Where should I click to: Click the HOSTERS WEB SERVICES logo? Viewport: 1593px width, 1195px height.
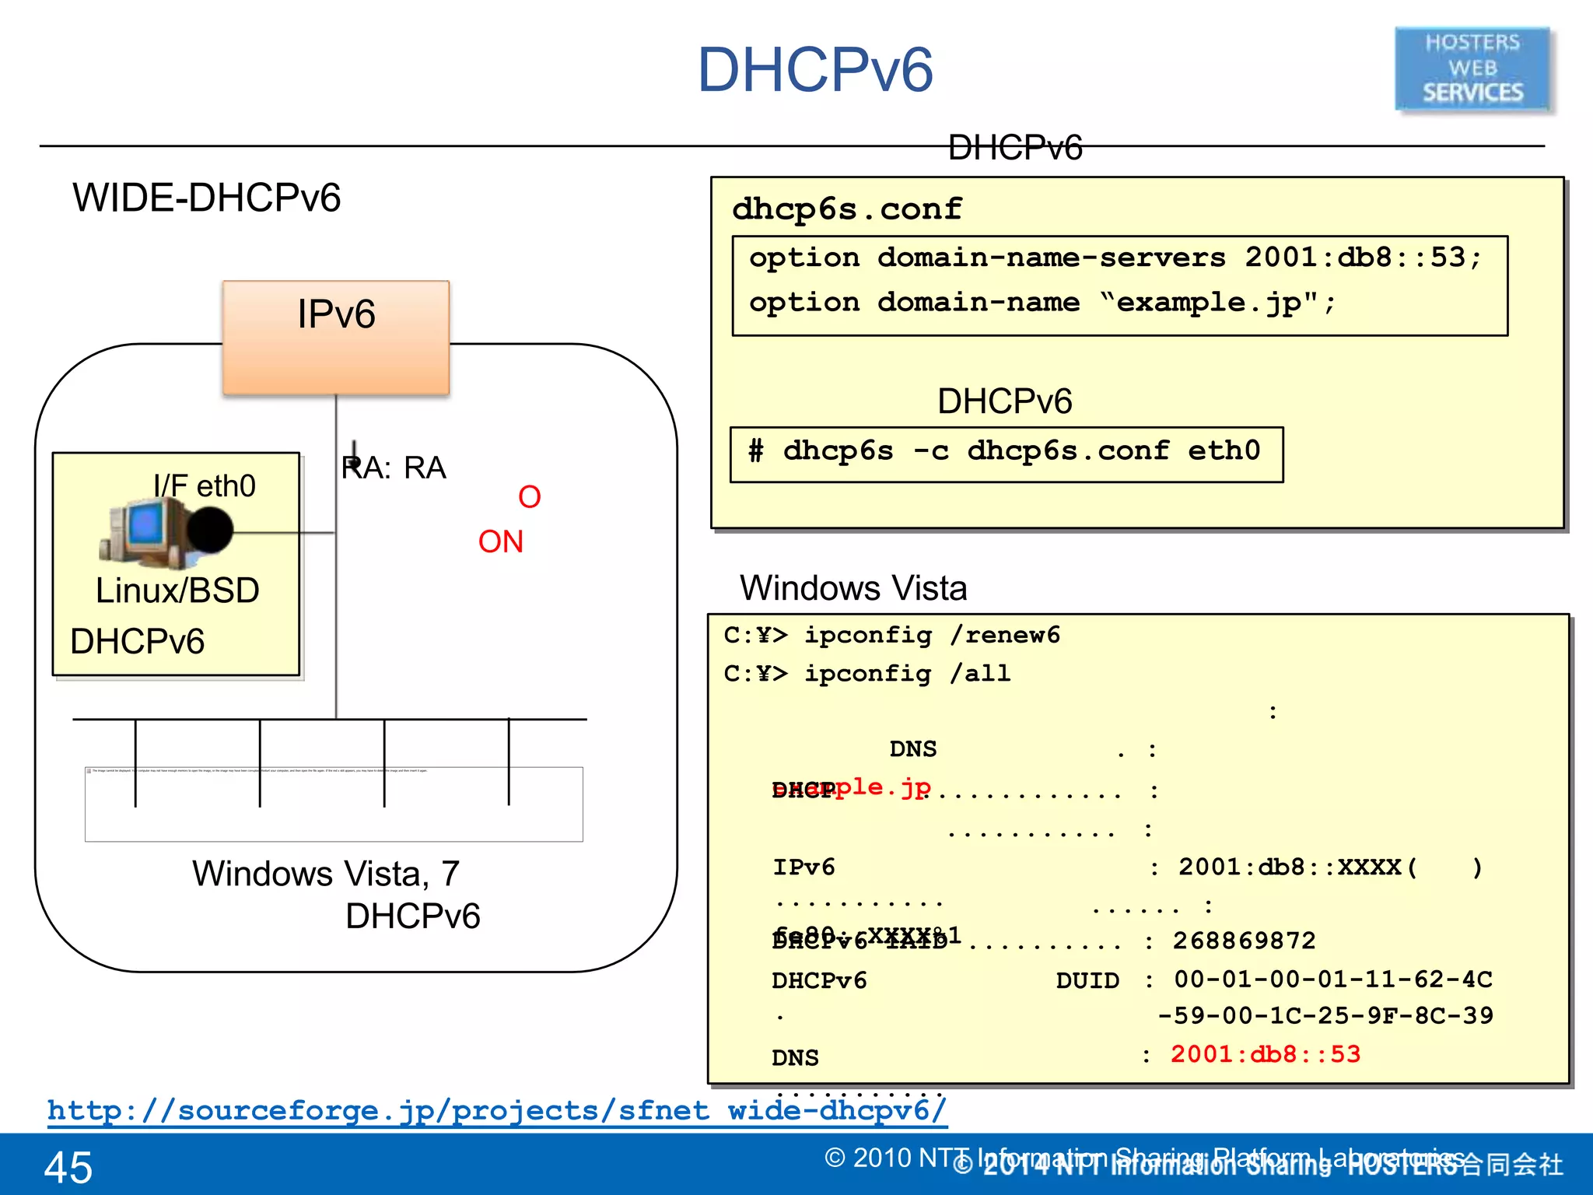pyautogui.click(x=1472, y=68)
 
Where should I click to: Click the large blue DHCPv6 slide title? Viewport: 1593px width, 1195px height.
pyautogui.click(x=814, y=70)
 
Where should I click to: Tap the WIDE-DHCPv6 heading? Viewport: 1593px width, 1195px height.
pyautogui.click(x=206, y=198)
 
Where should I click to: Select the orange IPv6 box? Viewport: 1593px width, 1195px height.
pyautogui.click(x=336, y=338)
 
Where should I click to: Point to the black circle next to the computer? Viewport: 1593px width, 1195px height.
pyautogui.click(x=209, y=530)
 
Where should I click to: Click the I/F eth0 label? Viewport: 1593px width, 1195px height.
pyautogui.click(x=204, y=486)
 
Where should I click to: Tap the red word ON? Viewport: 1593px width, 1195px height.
pyautogui.click(x=500, y=541)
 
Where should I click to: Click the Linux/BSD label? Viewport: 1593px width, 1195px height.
pyautogui.click(x=177, y=590)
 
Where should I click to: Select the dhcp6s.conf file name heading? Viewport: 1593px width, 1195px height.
pyautogui.click(x=846, y=209)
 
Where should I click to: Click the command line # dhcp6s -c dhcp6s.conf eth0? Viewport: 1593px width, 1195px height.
pyautogui.click(x=1005, y=451)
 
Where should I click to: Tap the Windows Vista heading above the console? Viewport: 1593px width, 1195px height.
pyautogui.click(x=853, y=587)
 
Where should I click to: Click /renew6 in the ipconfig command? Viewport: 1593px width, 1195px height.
pyautogui.click(x=1004, y=635)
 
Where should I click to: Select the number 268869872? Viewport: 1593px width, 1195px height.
pyautogui.click(x=1244, y=941)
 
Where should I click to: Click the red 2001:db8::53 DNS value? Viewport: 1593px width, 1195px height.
pyautogui.click(x=1266, y=1054)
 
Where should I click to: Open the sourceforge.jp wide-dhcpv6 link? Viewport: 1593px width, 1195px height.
pyautogui.click(x=496, y=1110)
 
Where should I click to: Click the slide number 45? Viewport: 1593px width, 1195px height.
pyautogui.click(x=68, y=1167)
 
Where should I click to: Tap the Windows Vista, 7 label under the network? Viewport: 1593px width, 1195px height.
pyautogui.click(x=326, y=874)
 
